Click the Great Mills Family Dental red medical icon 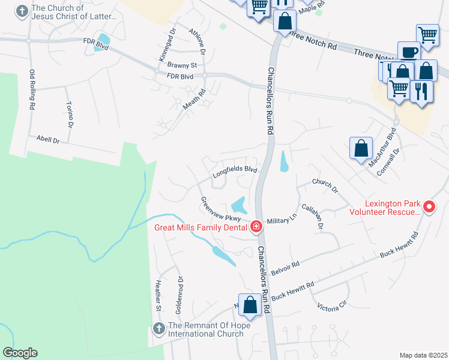256,226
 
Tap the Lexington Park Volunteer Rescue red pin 429,207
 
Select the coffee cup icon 409,52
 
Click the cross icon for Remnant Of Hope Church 159,328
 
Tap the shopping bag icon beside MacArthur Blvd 361,149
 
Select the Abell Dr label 48,140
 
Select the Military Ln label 282,220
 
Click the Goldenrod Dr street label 179,295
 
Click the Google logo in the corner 20,353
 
